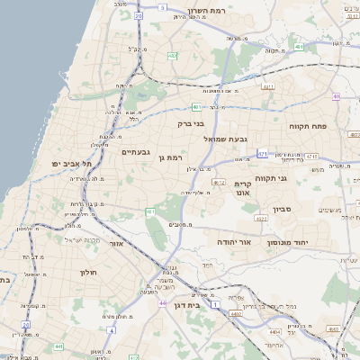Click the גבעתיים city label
(x=136, y=152)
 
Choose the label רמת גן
(x=170, y=158)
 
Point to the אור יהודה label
(x=233, y=242)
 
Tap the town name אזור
(x=115, y=243)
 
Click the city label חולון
(x=87, y=272)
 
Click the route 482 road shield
(x=172, y=56)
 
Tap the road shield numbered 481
(x=196, y=107)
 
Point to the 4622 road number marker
(x=261, y=219)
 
